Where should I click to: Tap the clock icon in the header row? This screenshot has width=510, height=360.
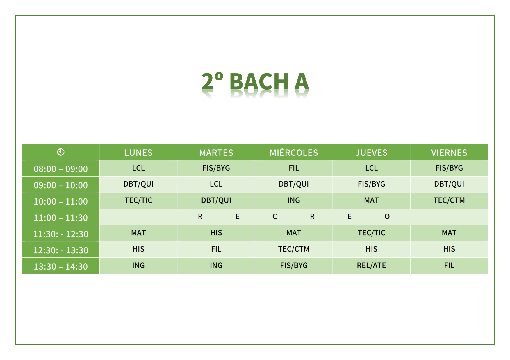(61, 152)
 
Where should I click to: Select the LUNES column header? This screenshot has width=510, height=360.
(138, 153)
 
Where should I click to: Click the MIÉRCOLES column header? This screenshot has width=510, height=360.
(294, 152)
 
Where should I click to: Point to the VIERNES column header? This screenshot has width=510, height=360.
(449, 153)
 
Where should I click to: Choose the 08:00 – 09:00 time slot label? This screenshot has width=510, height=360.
(61, 169)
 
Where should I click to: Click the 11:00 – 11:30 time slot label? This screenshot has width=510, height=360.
(61, 218)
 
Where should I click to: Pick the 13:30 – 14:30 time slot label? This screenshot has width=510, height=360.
(61, 266)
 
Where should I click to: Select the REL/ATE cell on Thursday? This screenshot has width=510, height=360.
(371, 265)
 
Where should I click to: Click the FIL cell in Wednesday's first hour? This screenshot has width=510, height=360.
(294, 168)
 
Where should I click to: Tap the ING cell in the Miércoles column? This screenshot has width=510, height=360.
(294, 200)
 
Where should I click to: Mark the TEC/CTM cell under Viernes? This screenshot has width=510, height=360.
(449, 200)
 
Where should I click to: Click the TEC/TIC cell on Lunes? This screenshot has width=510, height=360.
(138, 200)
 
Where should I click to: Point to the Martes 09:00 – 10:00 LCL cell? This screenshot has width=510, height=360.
(216, 184)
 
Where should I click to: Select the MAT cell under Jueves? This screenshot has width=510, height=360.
(371, 200)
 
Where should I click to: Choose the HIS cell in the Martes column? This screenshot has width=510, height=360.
(216, 233)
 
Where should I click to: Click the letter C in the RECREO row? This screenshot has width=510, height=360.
(275, 216)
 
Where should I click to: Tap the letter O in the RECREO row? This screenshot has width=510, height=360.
(387, 216)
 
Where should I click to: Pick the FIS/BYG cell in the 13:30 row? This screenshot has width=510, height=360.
(294, 265)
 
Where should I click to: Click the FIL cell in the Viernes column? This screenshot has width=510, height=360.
(449, 265)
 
